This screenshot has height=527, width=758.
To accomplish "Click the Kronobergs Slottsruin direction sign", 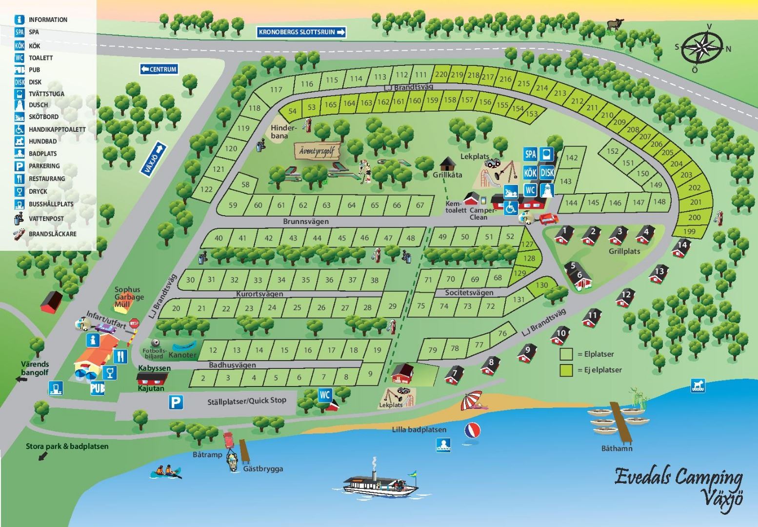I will pos(301,32).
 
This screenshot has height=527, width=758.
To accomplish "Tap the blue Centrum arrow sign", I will pos(159,69).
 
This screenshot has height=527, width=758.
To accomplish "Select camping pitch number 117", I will pos(276,90).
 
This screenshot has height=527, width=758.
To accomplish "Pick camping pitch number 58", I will pos(245,184).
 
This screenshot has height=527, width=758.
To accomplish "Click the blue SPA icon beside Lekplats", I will pos(530,154).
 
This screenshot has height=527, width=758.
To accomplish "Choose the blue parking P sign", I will pos(176,402).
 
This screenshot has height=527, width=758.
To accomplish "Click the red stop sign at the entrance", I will pos(135,323).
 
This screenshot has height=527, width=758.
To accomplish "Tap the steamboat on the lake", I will pos(380,484).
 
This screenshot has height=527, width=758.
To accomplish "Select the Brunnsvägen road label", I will pos(306,221).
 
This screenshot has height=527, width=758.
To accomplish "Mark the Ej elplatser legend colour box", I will pos(566,370).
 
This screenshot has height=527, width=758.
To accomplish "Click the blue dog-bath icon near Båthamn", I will pos(698,386).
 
